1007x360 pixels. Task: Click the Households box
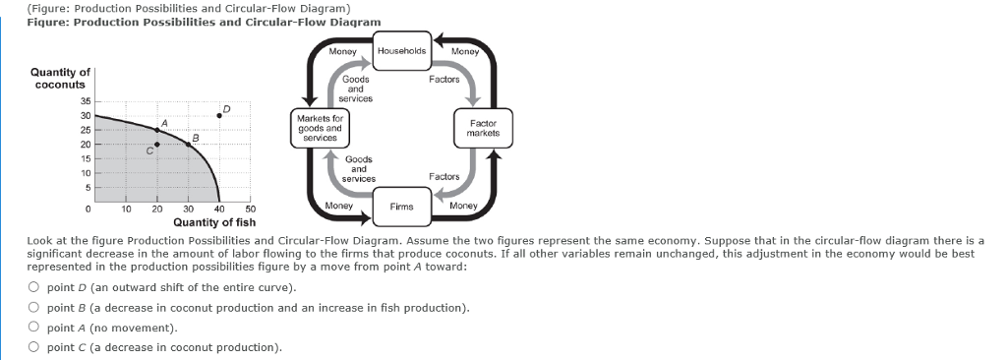401,51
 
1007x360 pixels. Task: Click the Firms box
401,207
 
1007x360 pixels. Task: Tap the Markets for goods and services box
319,128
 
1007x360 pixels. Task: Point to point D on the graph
218,115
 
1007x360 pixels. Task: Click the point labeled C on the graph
156,145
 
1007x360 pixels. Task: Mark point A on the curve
156,130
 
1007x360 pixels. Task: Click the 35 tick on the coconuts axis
86,101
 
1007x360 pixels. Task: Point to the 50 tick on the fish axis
250,210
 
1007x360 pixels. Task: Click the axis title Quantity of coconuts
61,78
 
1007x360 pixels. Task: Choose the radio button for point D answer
33,287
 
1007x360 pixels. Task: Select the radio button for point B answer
33,307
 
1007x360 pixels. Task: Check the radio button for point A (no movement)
33,327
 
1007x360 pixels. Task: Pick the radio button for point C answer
33,346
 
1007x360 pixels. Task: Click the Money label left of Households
342,50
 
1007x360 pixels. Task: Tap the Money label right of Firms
462,207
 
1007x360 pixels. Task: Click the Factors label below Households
444,79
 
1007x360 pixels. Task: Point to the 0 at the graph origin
89,210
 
